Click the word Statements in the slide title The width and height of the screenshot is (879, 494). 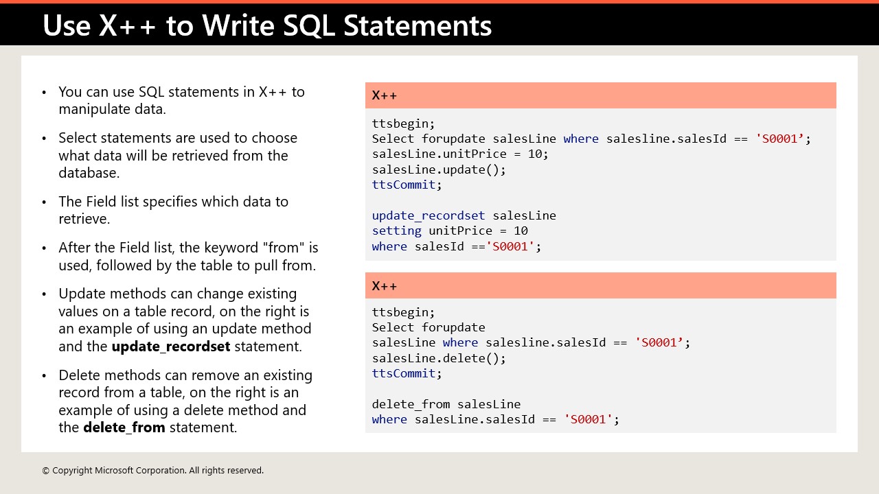tap(418, 25)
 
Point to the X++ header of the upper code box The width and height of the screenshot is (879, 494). tap(384, 95)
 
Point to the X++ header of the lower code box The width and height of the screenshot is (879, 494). tap(384, 286)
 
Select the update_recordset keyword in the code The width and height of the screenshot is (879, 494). tap(429, 215)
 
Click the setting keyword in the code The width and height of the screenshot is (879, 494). tap(397, 231)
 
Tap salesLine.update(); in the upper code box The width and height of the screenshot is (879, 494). tap(439, 169)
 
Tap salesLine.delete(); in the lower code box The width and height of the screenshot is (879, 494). tap(439, 358)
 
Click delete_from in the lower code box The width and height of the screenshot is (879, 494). tap(411, 404)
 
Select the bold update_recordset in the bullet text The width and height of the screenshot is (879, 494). tap(171, 346)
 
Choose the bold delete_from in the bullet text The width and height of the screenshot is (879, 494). tap(124, 427)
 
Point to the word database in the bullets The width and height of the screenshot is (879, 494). tap(89, 173)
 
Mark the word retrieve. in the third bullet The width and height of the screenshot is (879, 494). tap(84, 219)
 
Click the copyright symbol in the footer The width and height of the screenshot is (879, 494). tap(45, 471)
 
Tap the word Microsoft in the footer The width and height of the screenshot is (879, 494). tap(114, 471)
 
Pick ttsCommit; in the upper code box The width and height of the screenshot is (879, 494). tap(407, 185)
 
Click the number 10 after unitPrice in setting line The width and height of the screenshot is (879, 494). tap(521, 231)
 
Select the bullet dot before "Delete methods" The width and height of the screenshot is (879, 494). tap(44, 376)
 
